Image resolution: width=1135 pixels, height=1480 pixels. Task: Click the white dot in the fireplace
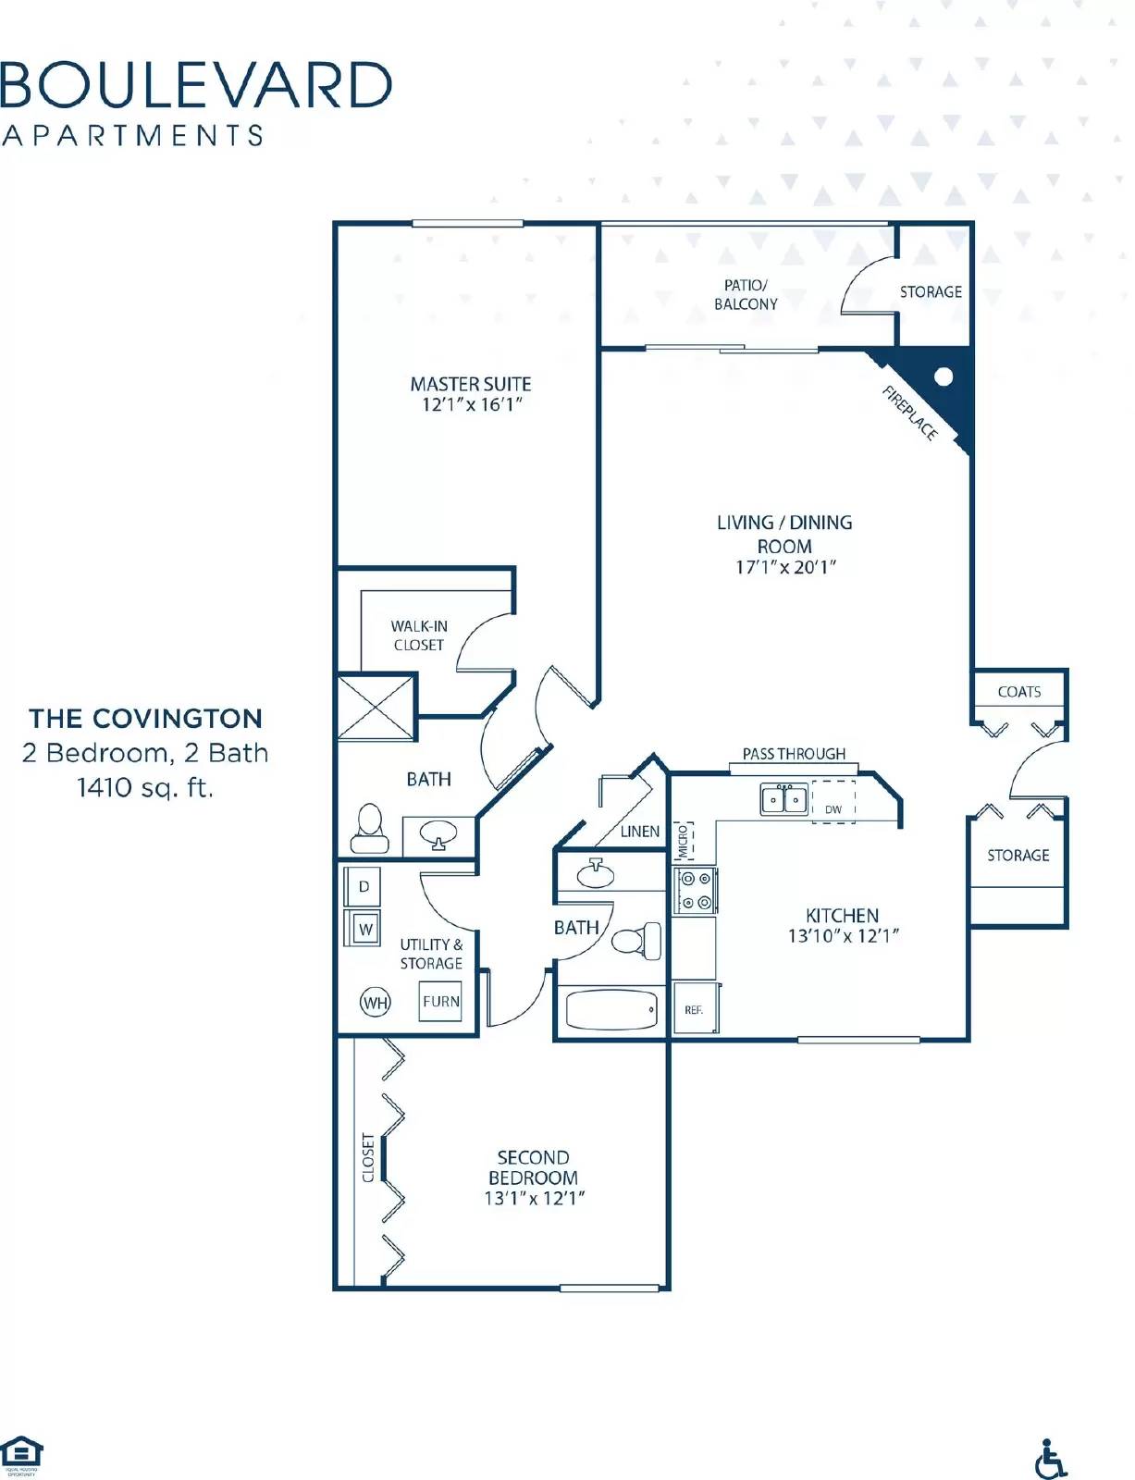[944, 376]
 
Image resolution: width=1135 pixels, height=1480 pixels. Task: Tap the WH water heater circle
[375, 1002]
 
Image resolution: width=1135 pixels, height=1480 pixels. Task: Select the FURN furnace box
[440, 1001]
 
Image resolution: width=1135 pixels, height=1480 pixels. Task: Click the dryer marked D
[364, 886]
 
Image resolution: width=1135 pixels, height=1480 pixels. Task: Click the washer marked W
[365, 928]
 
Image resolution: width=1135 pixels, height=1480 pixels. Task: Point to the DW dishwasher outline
[833, 802]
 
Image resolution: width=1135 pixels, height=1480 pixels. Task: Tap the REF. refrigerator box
[695, 1009]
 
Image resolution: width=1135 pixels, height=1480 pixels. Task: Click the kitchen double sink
[783, 798]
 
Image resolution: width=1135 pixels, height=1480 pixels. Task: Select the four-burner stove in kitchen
[695, 890]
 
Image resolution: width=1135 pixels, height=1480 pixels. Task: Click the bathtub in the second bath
[611, 1010]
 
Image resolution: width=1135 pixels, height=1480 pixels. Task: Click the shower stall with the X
[376, 708]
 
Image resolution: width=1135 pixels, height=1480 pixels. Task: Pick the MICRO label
[685, 841]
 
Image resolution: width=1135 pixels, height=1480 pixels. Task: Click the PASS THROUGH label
[794, 754]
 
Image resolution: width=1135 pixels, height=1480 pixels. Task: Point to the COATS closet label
[1018, 691]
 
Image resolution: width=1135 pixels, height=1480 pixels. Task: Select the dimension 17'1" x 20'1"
[785, 567]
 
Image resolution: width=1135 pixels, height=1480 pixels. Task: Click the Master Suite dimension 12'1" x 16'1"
[472, 404]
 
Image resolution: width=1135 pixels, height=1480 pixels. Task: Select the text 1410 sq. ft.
[145, 788]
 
